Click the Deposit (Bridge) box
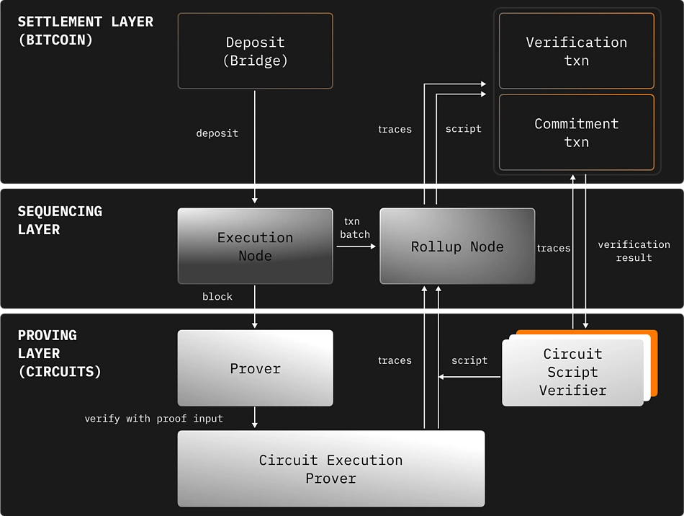tap(255, 51)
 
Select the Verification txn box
tap(576, 51)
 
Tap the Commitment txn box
tap(576, 133)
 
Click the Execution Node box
tap(255, 246)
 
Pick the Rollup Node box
tap(457, 246)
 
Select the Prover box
tap(255, 368)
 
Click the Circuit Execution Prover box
tap(330, 468)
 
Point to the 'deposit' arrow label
tap(217, 133)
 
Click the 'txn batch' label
tap(355, 228)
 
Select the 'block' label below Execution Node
tap(217, 296)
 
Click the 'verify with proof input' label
tap(153, 418)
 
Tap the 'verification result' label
tap(634, 251)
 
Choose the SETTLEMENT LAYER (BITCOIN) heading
tap(85, 31)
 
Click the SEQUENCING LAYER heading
tap(60, 221)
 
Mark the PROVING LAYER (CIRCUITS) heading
tap(59, 353)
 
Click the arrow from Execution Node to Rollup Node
tap(356, 246)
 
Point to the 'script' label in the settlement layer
tap(463, 129)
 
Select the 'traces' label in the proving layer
tap(395, 360)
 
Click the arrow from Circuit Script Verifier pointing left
tap(469, 377)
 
